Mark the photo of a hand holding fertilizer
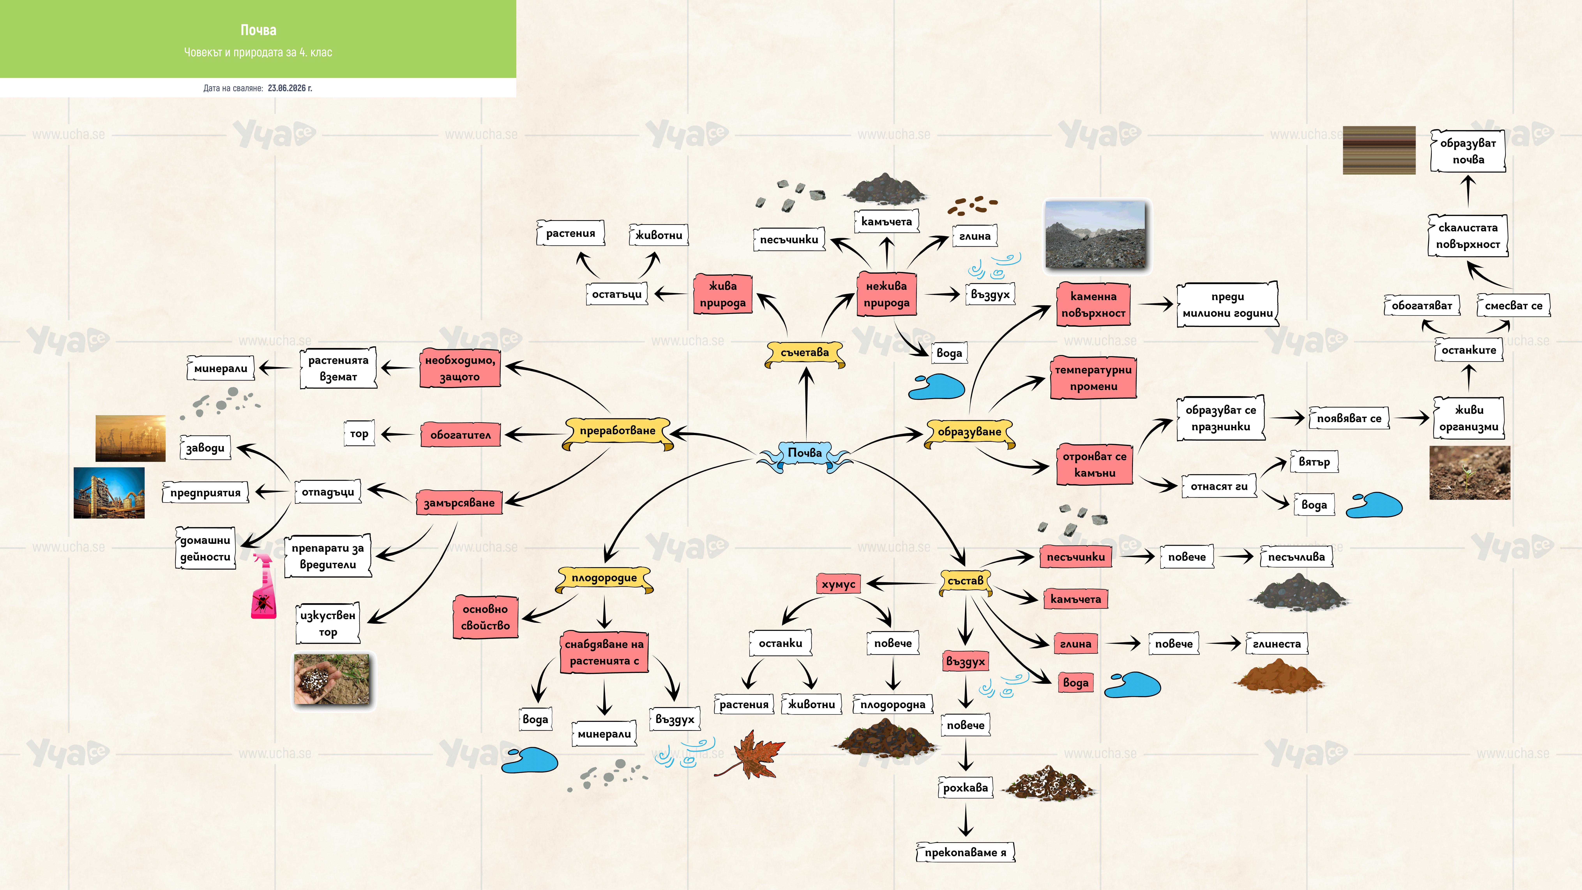click(x=332, y=680)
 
